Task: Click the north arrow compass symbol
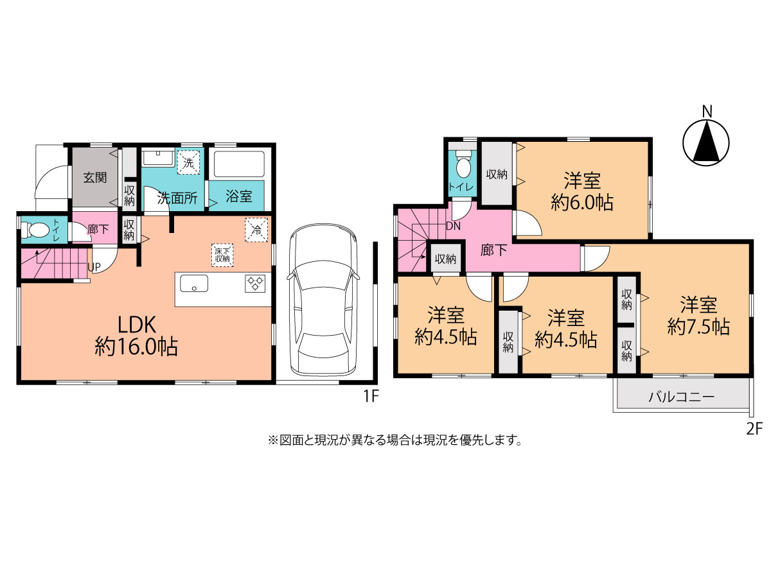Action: pos(705,142)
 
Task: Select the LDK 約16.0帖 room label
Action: pos(136,336)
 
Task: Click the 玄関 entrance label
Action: pos(95,178)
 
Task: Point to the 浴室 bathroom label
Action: pos(239,196)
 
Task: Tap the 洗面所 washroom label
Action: pos(177,198)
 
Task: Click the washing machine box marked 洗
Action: pos(189,162)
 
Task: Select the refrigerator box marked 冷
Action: pos(256,230)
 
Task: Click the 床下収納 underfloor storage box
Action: pos(222,255)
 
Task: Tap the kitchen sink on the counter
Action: pos(194,283)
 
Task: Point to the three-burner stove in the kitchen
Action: pos(255,284)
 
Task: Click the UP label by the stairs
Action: pos(94,267)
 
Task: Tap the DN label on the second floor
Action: pos(453,226)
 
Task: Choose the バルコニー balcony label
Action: pos(681,397)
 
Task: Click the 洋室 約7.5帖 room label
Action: pos(698,315)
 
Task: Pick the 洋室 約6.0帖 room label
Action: pos(582,191)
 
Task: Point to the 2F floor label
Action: pos(754,429)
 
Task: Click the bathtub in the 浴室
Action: pos(239,164)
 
